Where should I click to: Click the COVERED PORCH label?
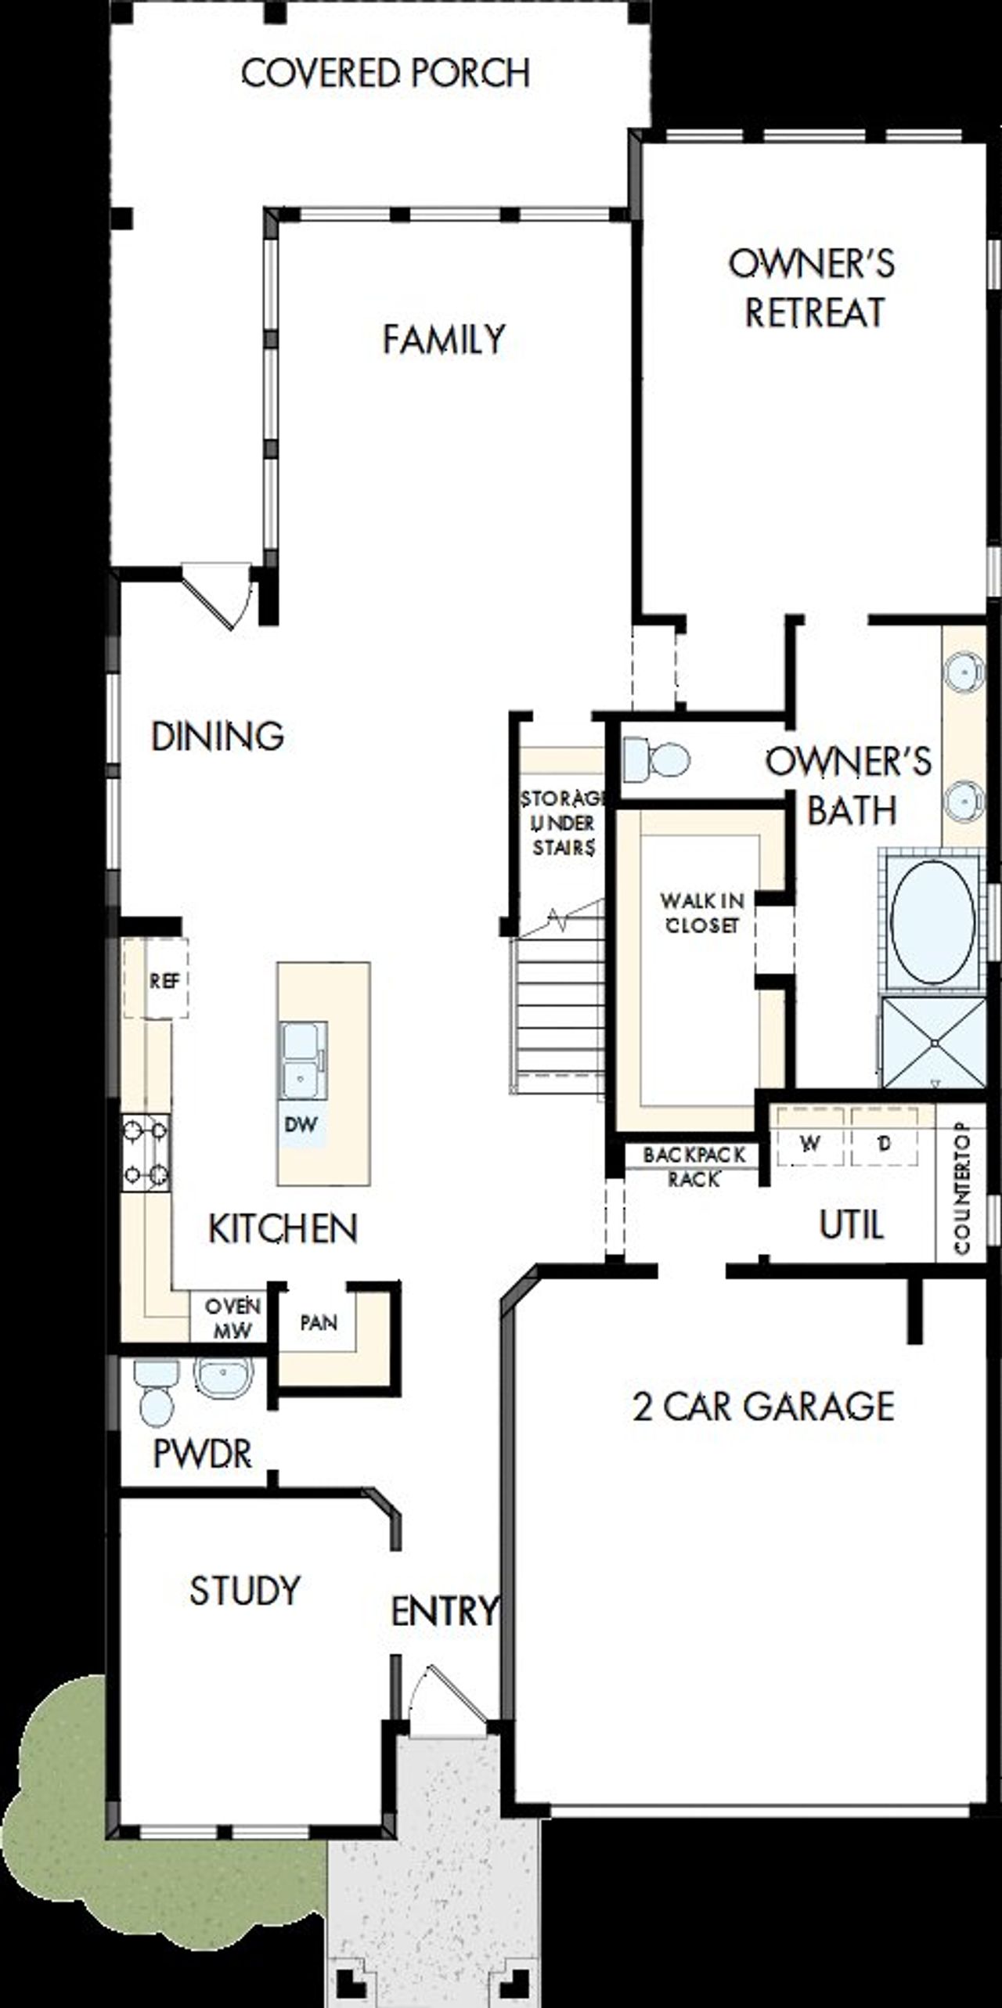(x=385, y=73)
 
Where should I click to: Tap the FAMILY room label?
(x=443, y=340)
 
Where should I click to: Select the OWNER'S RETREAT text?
(x=813, y=288)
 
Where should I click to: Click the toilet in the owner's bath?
(x=658, y=760)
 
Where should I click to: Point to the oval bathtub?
(x=932, y=923)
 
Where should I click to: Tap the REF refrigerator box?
(x=164, y=980)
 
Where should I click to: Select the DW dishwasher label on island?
(x=301, y=1125)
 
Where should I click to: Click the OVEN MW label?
(x=232, y=1318)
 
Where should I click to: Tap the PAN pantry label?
(x=319, y=1323)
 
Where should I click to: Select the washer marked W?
(x=809, y=1144)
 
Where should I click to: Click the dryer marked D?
(x=884, y=1144)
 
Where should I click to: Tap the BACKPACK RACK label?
(x=694, y=1166)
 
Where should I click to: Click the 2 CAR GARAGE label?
(x=763, y=1407)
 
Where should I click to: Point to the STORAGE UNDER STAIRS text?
(x=563, y=823)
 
